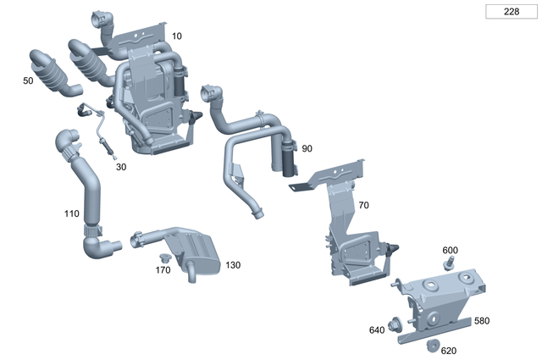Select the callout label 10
pyautogui.click(x=176, y=36)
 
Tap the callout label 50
pyautogui.click(x=28, y=80)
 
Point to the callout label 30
pyautogui.click(x=121, y=167)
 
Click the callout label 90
pyautogui.click(x=307, y=148)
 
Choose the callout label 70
pyautogui.click(x=363, y=205)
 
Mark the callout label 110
pyautogui.click(x=72, y=213)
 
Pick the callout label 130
pyautogui.click(x=233, y=265)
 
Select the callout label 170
pyautogui.click(x=163, y=270)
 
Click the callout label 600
pyautogui.click(x=450, y=250)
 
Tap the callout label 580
pyautogui.click(x=481, y=321)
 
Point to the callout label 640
pyautogui.click(x=376, y=330)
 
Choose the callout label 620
pyautogui.click(x=448, y=350)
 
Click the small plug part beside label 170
pyautogui.click(x=166, y=256)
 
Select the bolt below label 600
pyautogui.click(x=450, y=263)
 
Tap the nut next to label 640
pyautogui.click(x=395, y=324)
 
